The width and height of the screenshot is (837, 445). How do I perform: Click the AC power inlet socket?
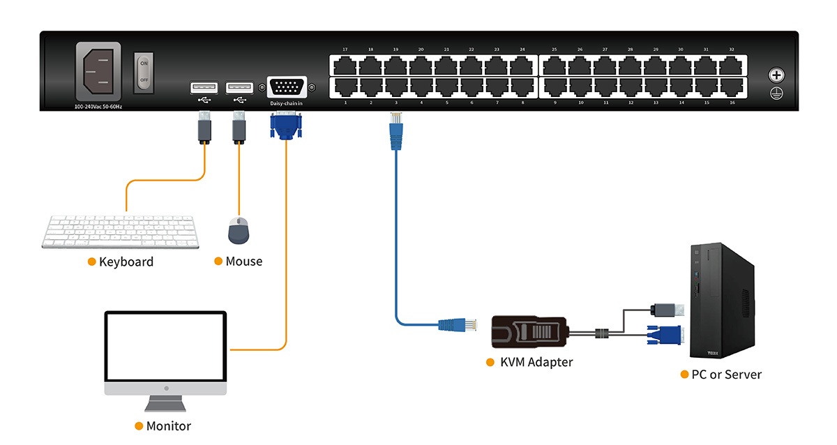tap(98, 73)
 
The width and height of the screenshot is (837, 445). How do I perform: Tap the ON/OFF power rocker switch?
tap(144, 71)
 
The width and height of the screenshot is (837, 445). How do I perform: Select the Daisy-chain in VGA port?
tap(285, 89)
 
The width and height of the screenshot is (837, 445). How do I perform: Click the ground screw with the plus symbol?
tap(776, 75)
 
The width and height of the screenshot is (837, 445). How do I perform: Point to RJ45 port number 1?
tap(345, 87)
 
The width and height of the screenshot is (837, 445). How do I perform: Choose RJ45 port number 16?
tap(732, 87)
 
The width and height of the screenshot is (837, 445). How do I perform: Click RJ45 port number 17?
tap(345, 66)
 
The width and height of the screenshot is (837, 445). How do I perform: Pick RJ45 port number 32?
tap(732, 66)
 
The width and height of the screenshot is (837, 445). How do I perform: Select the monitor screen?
tap(166, 346)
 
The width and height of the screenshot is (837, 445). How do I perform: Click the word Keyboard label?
tap(126, 262)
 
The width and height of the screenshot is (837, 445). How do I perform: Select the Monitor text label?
tap(168, 425)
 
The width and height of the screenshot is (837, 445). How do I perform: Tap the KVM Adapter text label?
tap(536, 362)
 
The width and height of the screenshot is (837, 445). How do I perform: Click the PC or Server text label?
tap(727, 375)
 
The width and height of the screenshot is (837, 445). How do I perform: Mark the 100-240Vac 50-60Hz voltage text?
tap(98, 107)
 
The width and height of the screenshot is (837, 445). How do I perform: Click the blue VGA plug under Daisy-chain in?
tap(285, 127)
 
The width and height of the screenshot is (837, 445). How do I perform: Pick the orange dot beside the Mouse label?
tap(218, 262)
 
